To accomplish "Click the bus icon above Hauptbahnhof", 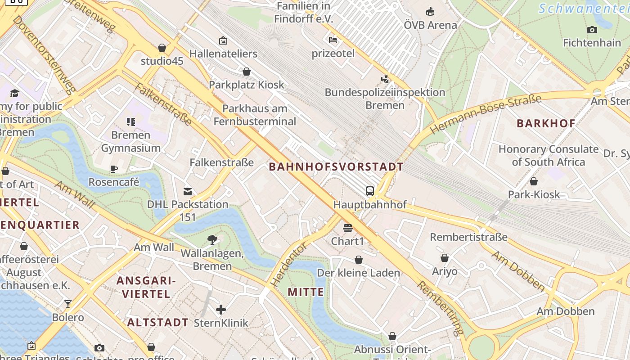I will [x=370, y=191].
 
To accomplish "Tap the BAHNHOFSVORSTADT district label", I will [x=336, y=167].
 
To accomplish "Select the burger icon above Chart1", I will [x=347, y=228].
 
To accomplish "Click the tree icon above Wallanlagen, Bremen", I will [x=212, y=240].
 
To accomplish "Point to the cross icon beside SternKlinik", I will [x=221, y=310].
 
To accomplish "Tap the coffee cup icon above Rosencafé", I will [x=114, y=169].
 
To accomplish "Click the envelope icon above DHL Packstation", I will [x=188, y=192].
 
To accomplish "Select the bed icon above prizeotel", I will [x=333, y=40].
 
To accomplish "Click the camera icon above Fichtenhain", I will [x=592, y=30].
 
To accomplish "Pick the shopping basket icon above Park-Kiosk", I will [x=534, y=181].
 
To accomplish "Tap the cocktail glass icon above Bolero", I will [x=68, y=304].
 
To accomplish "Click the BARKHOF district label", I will [x=546, y=123].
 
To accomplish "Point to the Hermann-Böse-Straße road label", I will [x=486, y=114].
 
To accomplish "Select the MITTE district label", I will [x=306, y=292].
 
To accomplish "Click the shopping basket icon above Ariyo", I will [x=445, y=258].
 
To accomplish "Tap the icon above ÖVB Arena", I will [x=430, y=11].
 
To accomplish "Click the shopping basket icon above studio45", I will [x=162, y=47].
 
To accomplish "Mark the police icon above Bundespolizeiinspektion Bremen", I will [x=385, y=79].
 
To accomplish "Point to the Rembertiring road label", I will [x=440, y=308].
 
